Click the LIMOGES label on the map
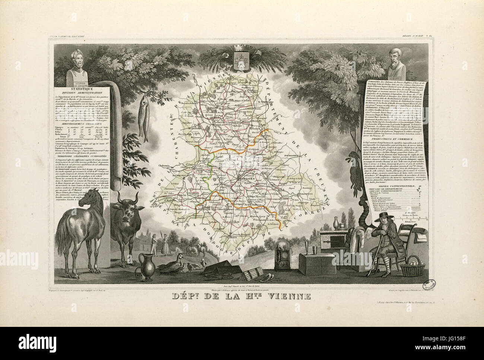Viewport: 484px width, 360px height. [x=245, y=178]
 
